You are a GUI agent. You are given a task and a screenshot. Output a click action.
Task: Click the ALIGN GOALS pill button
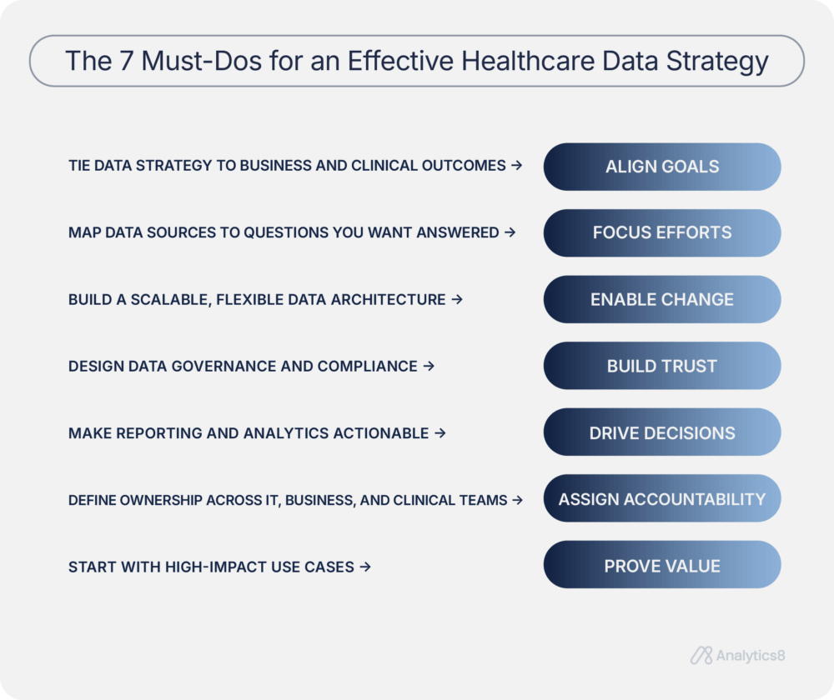coord(662,167)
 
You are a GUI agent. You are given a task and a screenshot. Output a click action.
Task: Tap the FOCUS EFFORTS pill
coord(662,232)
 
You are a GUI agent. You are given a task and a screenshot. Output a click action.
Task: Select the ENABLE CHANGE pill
coord(662,299)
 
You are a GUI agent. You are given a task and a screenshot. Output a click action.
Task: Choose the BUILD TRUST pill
coord(662,366)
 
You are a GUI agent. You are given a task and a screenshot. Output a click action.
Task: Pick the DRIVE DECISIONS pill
coord(662,432)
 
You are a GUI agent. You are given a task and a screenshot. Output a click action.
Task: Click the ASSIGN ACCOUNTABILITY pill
coord(662,499)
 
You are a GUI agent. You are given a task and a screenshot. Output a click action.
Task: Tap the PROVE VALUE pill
coord(662,566)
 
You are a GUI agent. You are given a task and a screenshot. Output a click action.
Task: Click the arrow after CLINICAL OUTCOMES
coord(516,166)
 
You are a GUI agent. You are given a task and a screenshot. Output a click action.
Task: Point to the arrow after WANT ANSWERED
coord(510,232)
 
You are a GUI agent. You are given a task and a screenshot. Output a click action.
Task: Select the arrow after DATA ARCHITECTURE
coord(456,299)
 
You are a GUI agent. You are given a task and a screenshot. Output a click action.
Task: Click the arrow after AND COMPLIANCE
coord(429,366)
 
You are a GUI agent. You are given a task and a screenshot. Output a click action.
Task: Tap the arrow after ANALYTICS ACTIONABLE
coord(440,433)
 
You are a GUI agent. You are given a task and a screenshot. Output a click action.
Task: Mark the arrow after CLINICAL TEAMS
coord(517,500)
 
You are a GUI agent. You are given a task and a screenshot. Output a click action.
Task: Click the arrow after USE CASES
coord(364,567)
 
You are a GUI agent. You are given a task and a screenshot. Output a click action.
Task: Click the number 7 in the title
coord(125,61)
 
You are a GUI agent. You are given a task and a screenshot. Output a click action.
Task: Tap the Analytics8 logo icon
coord(701,656)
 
